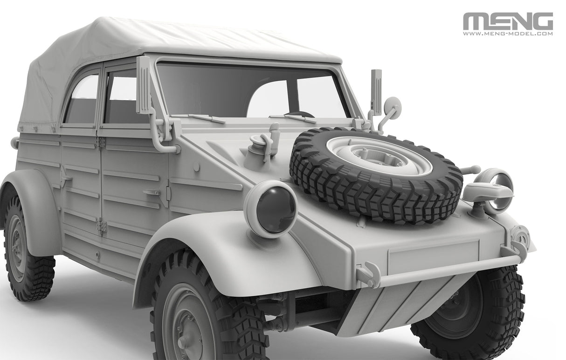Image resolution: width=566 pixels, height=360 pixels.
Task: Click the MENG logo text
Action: (508, 21)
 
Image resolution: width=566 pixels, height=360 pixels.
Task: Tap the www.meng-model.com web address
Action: (508, 34)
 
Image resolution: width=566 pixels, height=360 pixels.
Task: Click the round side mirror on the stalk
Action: (393, 108)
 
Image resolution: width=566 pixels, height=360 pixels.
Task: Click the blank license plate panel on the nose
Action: (433, 256)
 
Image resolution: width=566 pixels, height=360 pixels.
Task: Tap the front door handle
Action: (152, 192)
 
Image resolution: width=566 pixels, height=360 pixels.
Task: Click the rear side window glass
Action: (82, 99)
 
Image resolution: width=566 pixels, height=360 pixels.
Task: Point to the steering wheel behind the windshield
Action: (301, 114)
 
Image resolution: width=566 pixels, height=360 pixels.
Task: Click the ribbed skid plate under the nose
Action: (406, 301)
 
